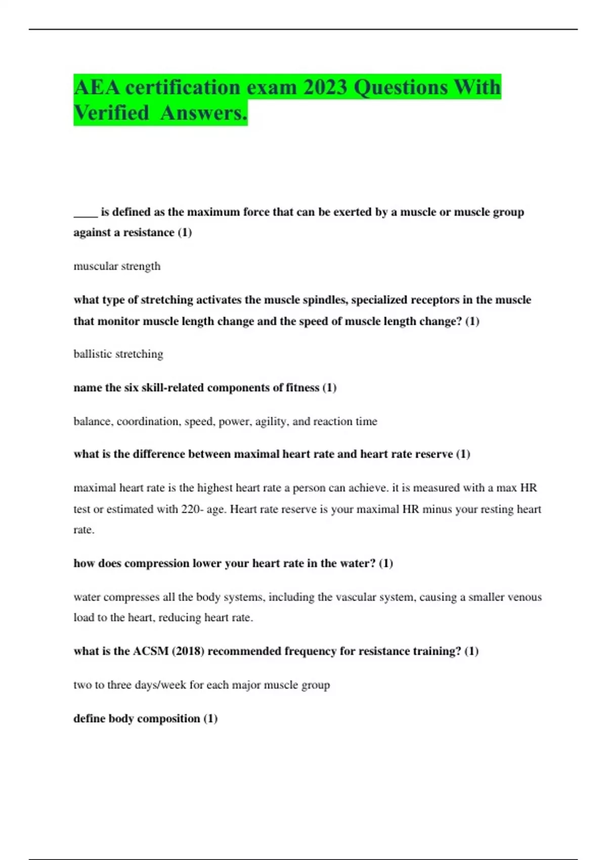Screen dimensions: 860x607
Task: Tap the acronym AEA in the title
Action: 97,87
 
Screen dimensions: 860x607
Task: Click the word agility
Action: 271,421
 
